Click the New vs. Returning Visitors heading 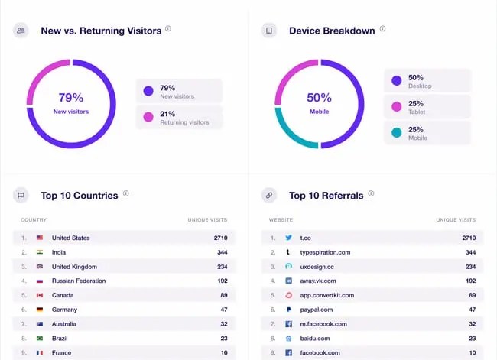pos(100,31)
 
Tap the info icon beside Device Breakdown pos(382,29)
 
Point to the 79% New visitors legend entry pos(179,91)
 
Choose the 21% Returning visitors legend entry pos(179,117)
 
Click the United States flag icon pos(40,238)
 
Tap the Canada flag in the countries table pos(40,295)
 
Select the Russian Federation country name pos(79,281)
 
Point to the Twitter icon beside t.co pos(288,238)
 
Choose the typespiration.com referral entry pos(325,252)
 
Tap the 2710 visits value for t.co pos(469,238)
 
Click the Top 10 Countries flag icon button pos(21,195)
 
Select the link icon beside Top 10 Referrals pos(268,195)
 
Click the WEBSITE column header pos(281,220)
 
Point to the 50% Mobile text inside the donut pos(319,103)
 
